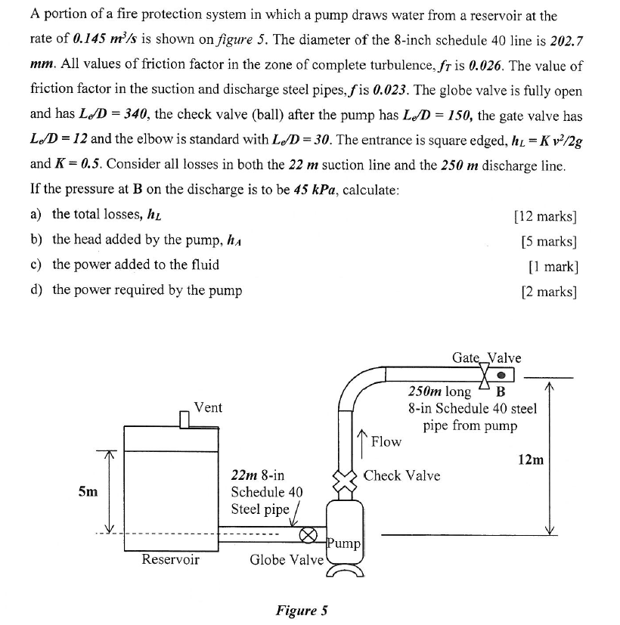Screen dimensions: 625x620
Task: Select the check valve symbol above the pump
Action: (345, 478)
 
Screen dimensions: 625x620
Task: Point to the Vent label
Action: (208, 407)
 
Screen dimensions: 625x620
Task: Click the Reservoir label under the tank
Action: (171, 560)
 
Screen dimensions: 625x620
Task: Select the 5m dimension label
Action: (88, 492)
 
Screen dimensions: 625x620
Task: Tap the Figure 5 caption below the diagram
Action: (301, 611)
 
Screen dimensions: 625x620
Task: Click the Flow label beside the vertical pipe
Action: (386, 441)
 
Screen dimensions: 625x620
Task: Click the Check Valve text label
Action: (401, 475)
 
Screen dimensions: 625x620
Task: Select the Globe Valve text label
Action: (287, 560)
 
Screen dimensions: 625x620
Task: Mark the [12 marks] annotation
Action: (545, 215)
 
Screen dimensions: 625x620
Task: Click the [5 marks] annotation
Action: (549, 240)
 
